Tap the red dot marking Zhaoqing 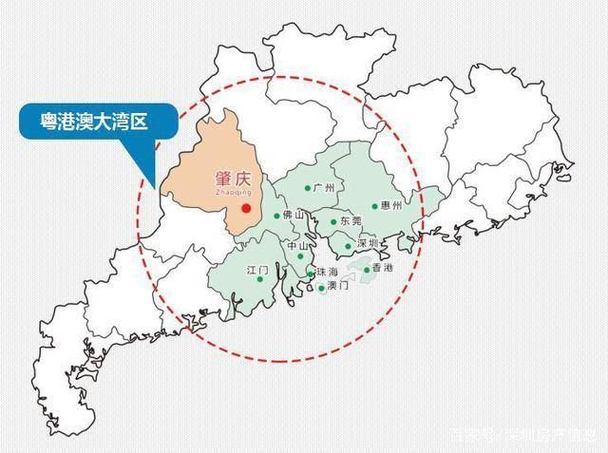(x=246, y=207)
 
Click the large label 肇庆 (x=227, y=178)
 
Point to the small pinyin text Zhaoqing (x=225, y=191)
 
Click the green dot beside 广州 (x=307, y=188)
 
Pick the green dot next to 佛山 (x=277, y=216)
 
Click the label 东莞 (x=350, y=222)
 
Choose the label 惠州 (x=390, y=205)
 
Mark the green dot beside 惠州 (x=375, y=205)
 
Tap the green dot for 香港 (x=367, y=270)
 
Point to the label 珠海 (x=327, y=273)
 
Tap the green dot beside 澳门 (x=322, y=287)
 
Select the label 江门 (x=258, y=271)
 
